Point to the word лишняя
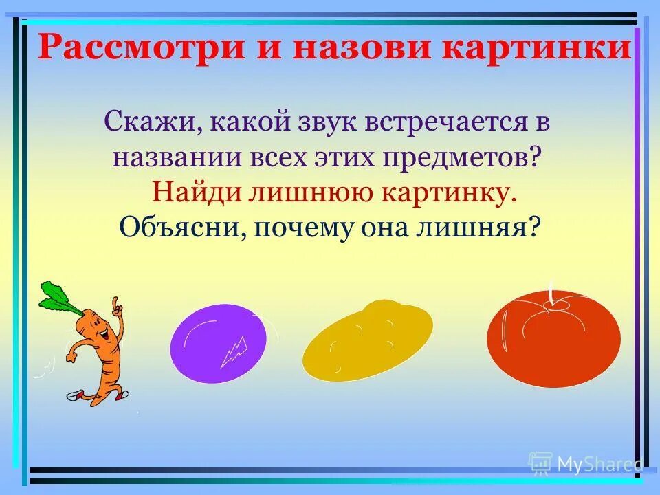click(477, 225)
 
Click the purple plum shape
click(218, 343)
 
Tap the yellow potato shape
click(367, 340)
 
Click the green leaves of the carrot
click(58, 296)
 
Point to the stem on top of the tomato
click(551, 291)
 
